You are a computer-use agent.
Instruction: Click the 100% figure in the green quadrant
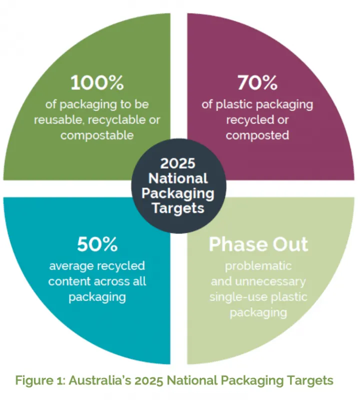coord(97,82)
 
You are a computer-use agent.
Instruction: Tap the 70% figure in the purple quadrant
coord(257,82)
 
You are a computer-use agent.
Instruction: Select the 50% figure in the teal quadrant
coord(97,244)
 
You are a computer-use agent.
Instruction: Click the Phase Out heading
coord(258,244)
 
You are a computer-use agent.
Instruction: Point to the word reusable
coord(59,120)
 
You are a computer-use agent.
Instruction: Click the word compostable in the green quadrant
coord(97,135)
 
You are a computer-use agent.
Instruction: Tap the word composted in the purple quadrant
coord(257,135)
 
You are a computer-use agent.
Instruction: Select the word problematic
coord(258,266)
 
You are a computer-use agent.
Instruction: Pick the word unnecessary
coord(270,281)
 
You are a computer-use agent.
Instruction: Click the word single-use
coord(238,297)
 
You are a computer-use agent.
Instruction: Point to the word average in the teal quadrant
coord(71,266)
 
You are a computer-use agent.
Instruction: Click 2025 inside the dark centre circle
coord(178,163)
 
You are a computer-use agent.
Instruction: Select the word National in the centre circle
coord(178,178)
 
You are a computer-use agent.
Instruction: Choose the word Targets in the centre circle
coord(178,208)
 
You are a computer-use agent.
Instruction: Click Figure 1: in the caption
coord(40,380)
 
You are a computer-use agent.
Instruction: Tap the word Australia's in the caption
coord(100,380)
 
